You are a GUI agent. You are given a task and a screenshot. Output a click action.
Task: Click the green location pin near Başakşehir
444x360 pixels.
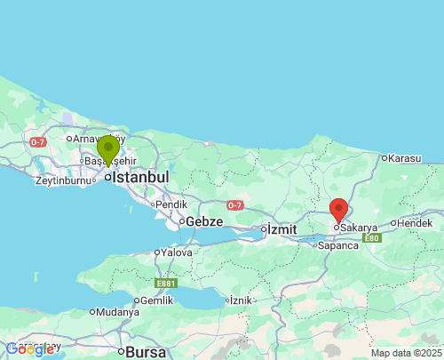click(108, 149)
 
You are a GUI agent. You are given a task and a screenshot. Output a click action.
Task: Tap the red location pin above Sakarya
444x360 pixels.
click(338, 210)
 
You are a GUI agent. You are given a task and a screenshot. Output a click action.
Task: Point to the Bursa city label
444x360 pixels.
click(147, 351)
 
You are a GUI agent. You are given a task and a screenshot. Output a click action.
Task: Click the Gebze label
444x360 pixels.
click(203, 220)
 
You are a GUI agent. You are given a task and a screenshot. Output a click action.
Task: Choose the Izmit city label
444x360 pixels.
click(281, 229)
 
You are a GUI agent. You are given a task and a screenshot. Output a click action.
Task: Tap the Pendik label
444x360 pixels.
click(171, 204)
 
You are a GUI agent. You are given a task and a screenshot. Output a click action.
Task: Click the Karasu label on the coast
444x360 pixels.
click(404, 158)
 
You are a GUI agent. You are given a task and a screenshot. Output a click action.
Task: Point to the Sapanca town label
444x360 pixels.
click(338, 245)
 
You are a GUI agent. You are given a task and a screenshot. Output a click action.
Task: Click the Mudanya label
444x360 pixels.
click(118, 312)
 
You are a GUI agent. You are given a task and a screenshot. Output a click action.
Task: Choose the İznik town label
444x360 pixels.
click(241, 300)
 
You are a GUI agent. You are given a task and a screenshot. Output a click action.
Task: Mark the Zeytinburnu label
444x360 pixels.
click(63, 180)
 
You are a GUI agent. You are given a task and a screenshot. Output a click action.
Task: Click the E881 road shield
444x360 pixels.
click(165, 283)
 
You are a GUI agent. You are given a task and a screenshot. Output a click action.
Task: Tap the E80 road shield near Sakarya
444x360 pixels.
click(371, 238)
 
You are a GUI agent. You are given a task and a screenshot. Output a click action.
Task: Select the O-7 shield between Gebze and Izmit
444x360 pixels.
click(234, 205)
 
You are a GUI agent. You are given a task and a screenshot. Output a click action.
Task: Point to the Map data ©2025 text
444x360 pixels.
click(405, 353)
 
